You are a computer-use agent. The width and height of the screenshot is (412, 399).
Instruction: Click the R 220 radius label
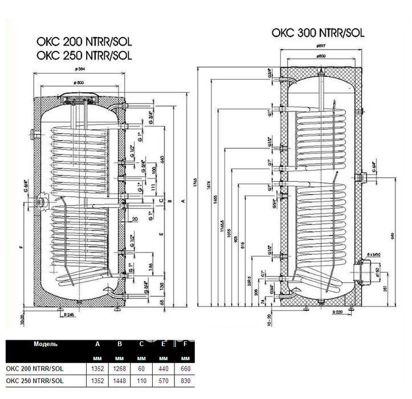coord(338,312)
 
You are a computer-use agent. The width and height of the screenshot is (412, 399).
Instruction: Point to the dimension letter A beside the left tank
coord(183,201)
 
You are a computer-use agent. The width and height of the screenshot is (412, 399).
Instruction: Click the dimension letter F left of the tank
coord(20,247)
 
